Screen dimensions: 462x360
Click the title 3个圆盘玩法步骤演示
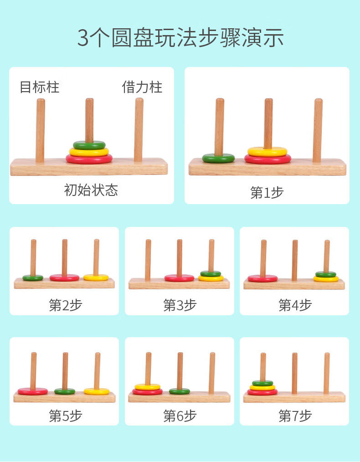[x=180, y=38]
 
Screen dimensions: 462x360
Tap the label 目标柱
[x=40, y=87]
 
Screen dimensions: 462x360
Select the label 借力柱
[x=142, y=87]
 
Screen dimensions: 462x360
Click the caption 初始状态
[x=91, y=190]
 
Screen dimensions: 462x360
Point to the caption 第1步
[x=267, y=192]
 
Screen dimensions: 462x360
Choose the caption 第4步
[x=295, y=305]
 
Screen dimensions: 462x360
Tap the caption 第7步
[x=295, y=416]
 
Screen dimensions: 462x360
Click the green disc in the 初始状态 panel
[x=89, y=145]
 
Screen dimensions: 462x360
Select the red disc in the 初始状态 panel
[x=89, y=159]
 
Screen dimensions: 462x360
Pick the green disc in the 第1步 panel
[x=219, y=158]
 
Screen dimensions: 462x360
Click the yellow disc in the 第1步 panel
[x=267, y=151]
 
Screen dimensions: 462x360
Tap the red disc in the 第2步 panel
[x=64, y=277]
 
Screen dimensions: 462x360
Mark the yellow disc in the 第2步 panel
[x=96, y=277]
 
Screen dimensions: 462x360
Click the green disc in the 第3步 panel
[x=211, y=273]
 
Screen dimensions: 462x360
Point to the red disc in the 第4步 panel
[x=262, y=278]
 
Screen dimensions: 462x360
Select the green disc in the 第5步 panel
[x=65, y=391]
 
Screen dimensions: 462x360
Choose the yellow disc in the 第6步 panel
[x=148, y=387]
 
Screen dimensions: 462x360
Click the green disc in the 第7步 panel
[x=262, y=383]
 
